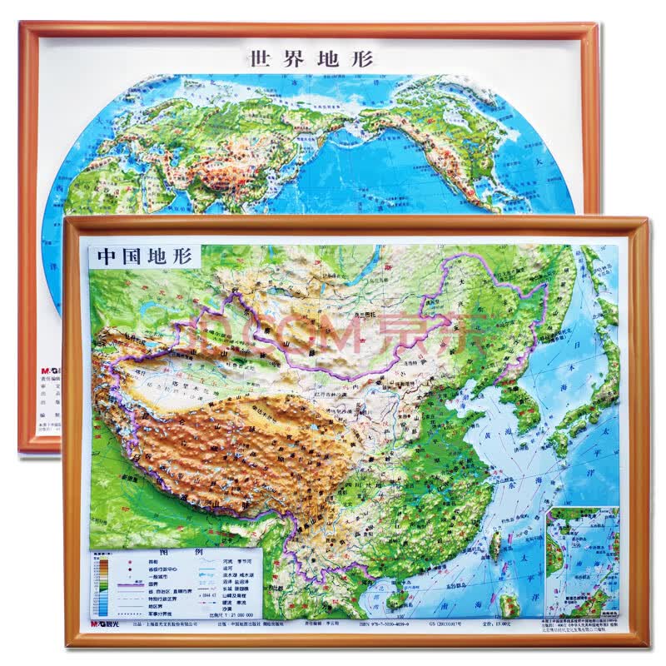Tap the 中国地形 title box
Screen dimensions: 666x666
[x=143, y=255]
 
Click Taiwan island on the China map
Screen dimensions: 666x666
[x=497, y=545]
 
